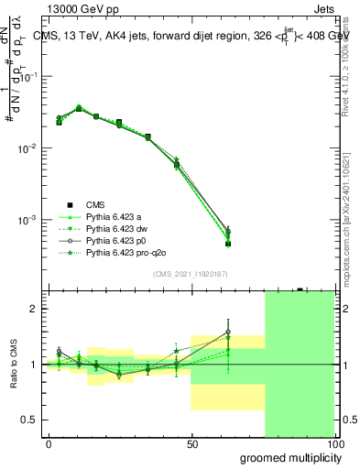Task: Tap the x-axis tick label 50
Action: [x=191, y=443]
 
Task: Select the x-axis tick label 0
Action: [x=49, y=443]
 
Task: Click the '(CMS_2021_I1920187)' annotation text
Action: [x=191, y=273]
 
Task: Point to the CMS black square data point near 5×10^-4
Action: [x=227, y=244]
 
